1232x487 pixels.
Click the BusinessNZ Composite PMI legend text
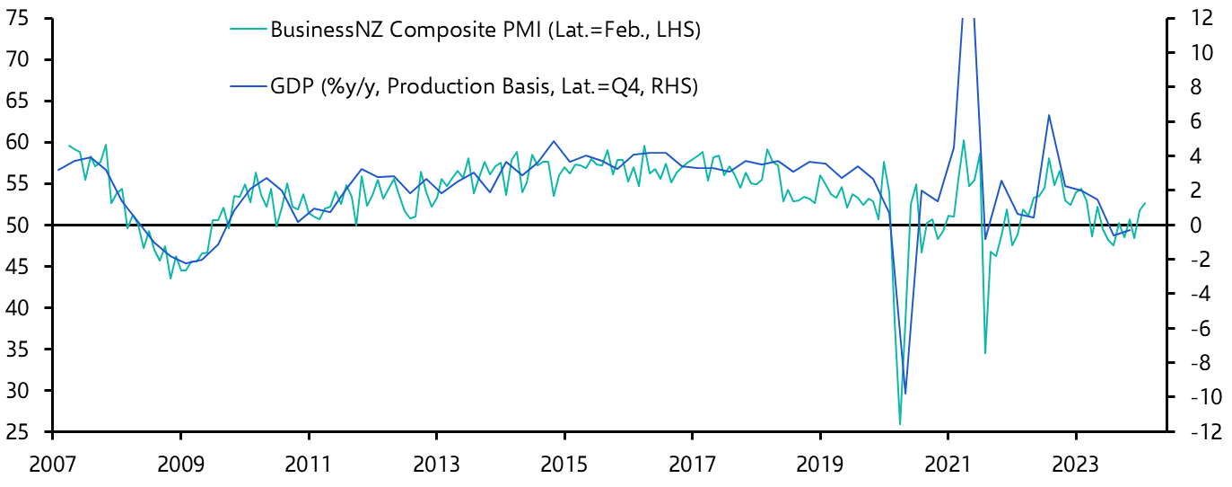click(485, 31)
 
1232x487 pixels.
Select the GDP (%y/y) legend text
click(484, 86)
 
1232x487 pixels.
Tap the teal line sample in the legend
click(248, 31)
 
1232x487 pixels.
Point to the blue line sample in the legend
click(248, 86)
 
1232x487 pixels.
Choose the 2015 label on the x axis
click(564, 467)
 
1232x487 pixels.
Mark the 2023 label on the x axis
click(1076, 467)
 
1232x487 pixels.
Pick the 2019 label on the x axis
click(820, 467)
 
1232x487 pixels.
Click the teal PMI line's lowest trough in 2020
click(900, 423)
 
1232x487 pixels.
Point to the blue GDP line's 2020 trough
click(905, 394)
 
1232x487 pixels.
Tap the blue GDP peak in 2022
click(1048, 115)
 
